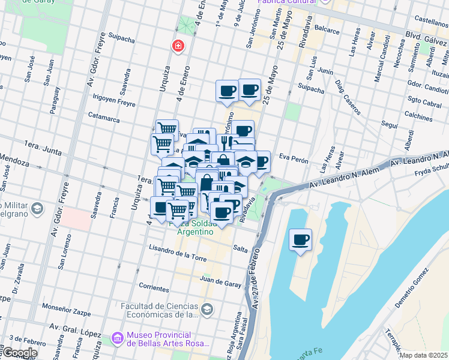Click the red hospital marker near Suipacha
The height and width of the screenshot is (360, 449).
click(x=178, y=46)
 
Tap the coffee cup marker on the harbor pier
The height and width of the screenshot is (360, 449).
click(x=301, y=239)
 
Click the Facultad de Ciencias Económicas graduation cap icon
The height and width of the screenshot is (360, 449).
click(x=207, y=309)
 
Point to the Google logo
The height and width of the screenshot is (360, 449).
click(x=19, y=353)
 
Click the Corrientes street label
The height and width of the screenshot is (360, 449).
click(x=154, y=288)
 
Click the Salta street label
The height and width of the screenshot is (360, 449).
click(x=240, y=248)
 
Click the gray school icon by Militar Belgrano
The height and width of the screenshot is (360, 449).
click(x=37, y=209)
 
